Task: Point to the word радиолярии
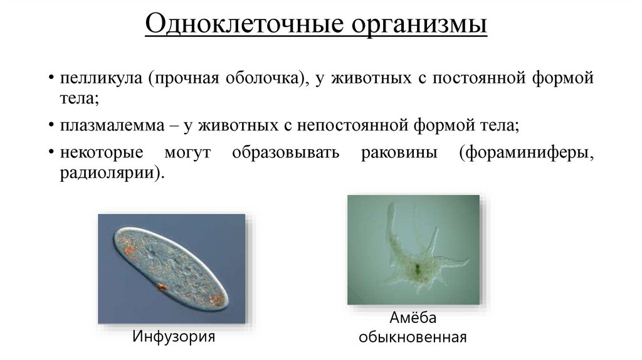pyautogui.click(x=112, y=172)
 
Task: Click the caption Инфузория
pyautogui.click(x=174, y=336)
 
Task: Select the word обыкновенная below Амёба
pyautogui.click(x=412, y=337)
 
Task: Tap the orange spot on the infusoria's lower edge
pyautogui.click(x=161, y=287)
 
